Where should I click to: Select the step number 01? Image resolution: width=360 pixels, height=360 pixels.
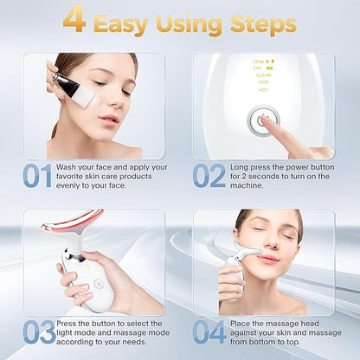(37, 176)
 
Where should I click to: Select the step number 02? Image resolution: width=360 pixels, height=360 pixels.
(209, 176)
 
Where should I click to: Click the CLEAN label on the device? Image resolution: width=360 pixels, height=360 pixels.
(263, 74)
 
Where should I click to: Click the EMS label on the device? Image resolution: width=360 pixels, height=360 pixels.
(263, 81)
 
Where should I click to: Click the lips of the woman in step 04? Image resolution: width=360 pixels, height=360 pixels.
(267, 259)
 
